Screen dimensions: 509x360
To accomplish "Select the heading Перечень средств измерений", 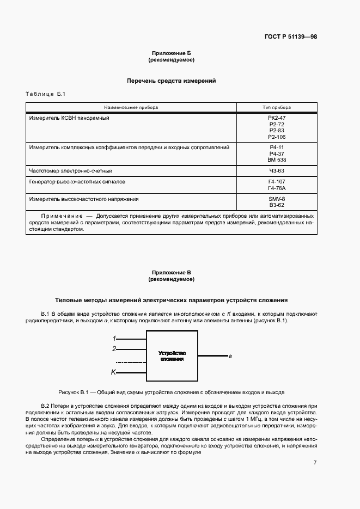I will tap(172, 81).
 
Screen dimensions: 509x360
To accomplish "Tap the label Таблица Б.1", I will tap(45, 95).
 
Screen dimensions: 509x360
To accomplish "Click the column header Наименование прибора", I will tap(131, 107).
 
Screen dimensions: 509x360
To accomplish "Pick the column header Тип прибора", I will tap(277, 107).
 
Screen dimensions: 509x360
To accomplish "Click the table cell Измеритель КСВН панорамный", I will tap(70, 118).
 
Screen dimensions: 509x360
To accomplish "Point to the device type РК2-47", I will tap(277, 118).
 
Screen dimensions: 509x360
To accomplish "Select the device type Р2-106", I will tap(277, 137).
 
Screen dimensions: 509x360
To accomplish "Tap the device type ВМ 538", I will tap(277, 160).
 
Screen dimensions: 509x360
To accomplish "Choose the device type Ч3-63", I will tap(277, 171).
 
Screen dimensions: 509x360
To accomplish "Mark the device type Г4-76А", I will tap(277, 188).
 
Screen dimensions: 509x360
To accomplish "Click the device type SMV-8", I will tap(277, 199).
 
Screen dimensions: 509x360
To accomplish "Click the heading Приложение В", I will tap(172, 272).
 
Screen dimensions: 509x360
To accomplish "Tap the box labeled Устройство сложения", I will tap(172, 356).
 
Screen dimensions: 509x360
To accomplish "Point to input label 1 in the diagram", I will tap(114, 339).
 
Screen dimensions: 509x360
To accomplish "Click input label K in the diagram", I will tap(113, 372).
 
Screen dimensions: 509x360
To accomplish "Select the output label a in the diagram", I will tap(230, 357).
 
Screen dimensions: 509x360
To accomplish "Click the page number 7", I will tap(315, 462).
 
